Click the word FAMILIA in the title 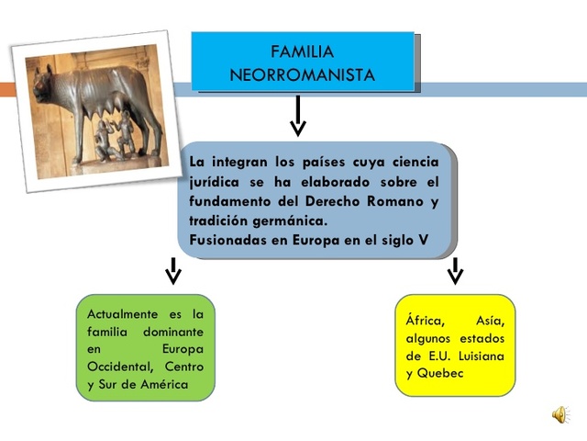pos(303,51)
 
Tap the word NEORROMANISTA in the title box pos(303,75)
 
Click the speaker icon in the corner pos(559,414)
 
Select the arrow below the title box pos(297,114)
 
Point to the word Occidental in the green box pos(119,367)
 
